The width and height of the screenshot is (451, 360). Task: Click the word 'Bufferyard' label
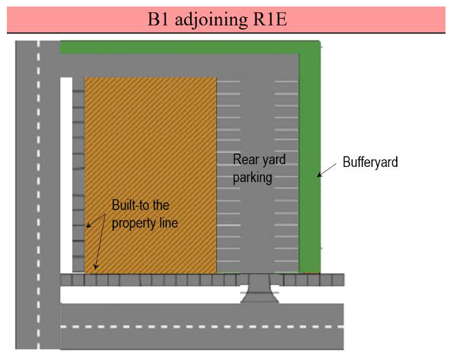click(370, 163)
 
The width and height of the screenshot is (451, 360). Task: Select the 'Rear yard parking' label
click(258, 168)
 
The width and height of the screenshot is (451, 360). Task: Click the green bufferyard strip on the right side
click(310, 158)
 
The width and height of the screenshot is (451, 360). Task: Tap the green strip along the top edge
click(185, 47)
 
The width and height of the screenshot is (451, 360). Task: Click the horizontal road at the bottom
click(203, 326)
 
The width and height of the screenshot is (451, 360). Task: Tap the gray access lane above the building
click(178, 66)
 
